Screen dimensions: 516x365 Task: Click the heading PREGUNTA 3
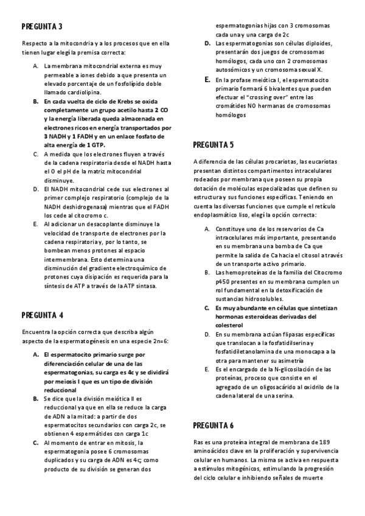pyautogui.click(x=42, y=27)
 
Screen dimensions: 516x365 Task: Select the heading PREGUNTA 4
pyautogui.click(x=42, y=315)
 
